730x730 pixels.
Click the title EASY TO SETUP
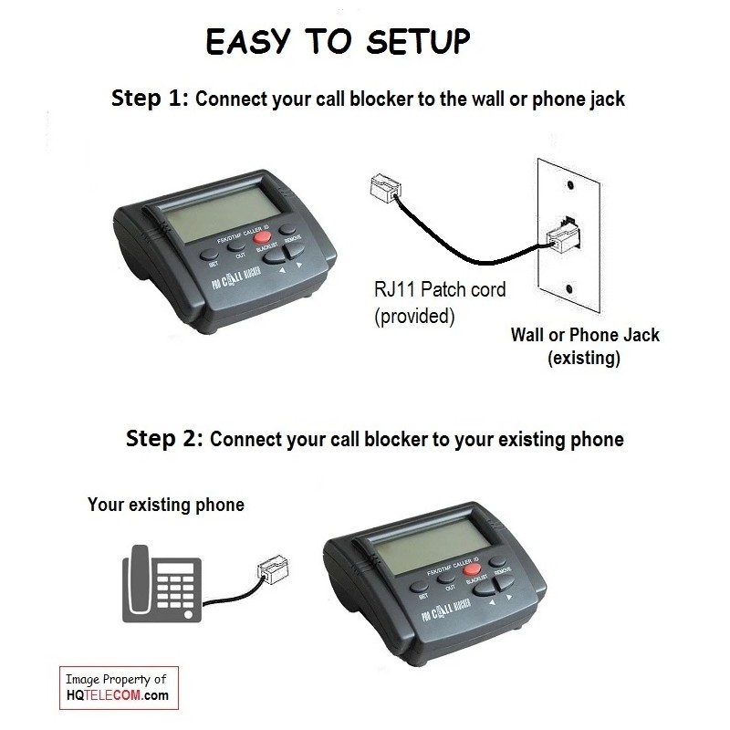point(337,41)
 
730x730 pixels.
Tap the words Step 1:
point(150,99)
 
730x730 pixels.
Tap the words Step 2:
point(163,438)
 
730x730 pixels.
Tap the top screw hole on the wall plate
point(568,183)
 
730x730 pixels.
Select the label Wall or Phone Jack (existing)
point(584,346)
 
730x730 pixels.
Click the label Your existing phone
point(165,504)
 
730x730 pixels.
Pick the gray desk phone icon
point(162,583)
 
